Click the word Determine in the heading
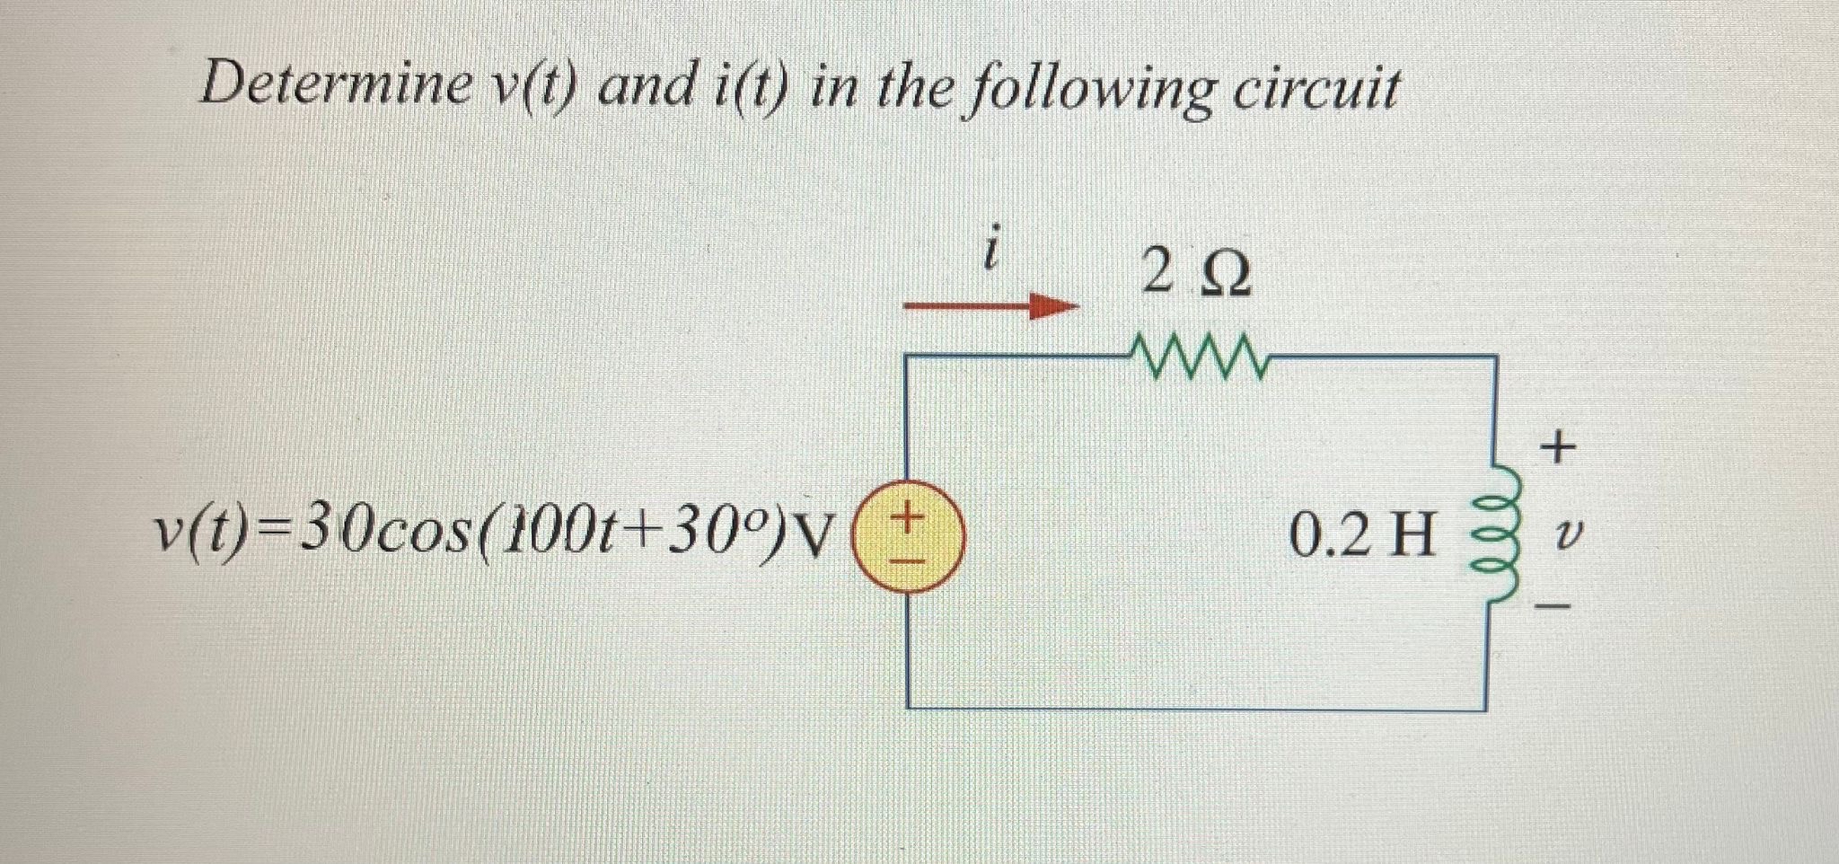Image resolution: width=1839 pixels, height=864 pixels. pos(336,86)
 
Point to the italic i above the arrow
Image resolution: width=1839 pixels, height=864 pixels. pos(990,252)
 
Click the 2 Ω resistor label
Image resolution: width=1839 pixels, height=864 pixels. pos(1195,274)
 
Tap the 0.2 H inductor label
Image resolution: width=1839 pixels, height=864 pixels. pos(1361,536)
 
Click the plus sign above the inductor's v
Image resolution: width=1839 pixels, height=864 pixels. pos(1557,445)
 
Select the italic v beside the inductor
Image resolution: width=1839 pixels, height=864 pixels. pos(1563,537)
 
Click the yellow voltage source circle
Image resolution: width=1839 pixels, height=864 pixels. pos(908,536)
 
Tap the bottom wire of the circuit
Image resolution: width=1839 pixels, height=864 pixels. pos(1194,709)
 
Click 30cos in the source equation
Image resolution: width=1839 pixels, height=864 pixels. pos(376,534)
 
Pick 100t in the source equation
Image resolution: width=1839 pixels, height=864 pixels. pos(549,534)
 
